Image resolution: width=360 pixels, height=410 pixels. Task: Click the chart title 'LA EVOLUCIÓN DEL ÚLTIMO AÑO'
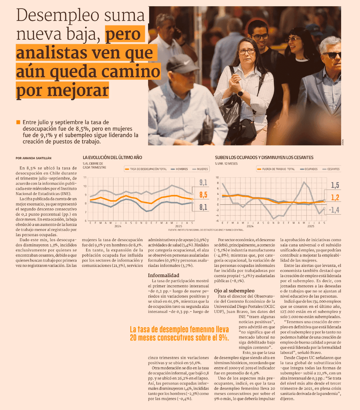112,157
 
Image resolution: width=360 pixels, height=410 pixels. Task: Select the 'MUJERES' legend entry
200,169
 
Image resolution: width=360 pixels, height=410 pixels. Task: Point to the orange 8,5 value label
203,195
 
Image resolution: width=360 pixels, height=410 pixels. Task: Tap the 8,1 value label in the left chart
203,207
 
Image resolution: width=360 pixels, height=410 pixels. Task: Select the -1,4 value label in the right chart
335,210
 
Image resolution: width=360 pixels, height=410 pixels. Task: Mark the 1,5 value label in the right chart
335,185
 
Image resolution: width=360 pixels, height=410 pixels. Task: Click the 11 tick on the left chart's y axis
85,178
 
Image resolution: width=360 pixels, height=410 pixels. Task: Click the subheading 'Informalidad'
163,275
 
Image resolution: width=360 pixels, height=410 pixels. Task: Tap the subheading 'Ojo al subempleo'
234,291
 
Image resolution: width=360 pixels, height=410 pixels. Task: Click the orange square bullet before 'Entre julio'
18,122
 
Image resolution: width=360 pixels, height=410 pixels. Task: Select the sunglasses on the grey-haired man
331,54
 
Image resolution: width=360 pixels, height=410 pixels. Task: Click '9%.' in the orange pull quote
223,338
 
